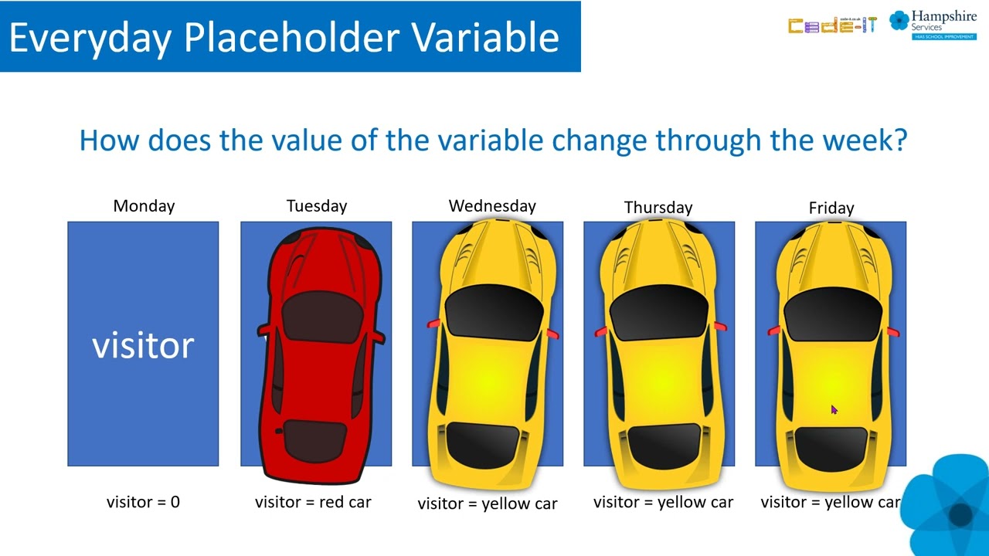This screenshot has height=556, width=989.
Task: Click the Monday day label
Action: click(x=144, y=206)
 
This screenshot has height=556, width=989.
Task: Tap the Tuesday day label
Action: click(x=317, y=206)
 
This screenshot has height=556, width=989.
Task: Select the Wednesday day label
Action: click(x=492, y=206)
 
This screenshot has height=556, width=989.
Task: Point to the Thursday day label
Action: click(x=658, y=208)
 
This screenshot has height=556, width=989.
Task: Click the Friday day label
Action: click(x=831, y=208)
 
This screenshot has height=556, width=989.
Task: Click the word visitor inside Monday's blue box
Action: click(x=143, y=345)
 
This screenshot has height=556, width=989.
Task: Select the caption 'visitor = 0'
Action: click(x=143, y=502)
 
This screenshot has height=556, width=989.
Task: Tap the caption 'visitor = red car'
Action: click(x=313, y=502)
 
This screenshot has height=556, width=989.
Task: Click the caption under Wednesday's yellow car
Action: click(x=488, y=503)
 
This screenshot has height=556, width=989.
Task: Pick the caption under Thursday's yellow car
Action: click(x=663, y=502)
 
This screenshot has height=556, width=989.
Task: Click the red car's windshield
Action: click(x=322, y=315)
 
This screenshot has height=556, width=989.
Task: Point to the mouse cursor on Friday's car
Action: click(x=834, y=410)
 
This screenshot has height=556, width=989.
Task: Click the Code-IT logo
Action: click(x=832, y=25)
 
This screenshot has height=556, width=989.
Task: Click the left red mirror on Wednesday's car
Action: click(x=434, y=324)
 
